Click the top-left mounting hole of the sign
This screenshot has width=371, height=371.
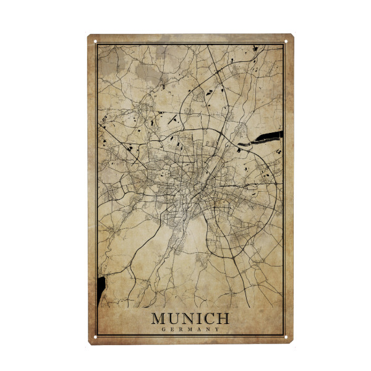(x=96, y=42)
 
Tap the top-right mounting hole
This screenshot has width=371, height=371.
(x=287, y=42)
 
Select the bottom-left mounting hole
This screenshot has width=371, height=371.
(x=96, y=337)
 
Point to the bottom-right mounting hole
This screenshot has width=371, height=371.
(x=287, y=337)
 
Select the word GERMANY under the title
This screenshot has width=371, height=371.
(x=190, y=330)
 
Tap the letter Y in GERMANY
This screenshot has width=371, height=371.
(x=218, y=330)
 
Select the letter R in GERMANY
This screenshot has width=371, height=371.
(x=181, y=330)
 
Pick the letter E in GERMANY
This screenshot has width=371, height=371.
(x=171, y=330)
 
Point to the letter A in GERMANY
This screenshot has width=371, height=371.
(x=199, y=330)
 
